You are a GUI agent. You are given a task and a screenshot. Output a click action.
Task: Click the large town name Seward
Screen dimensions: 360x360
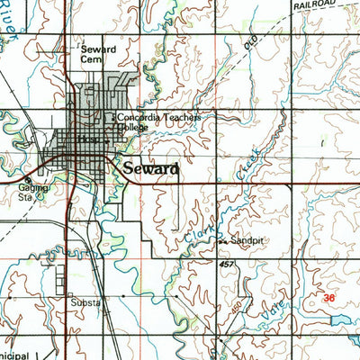150,168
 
